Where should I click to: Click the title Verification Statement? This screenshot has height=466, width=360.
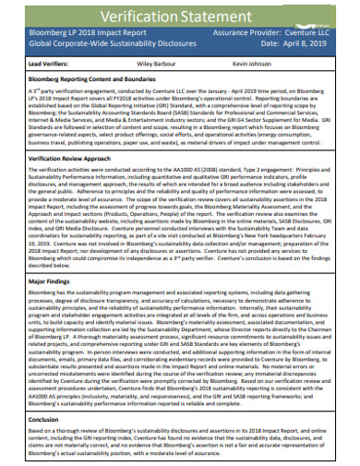pyautogui.click(x=181, y=13)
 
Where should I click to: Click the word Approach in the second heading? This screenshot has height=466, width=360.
pyautogui.click(x=97, y=158)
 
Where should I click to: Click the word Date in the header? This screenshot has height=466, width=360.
pyautogui.click(x=270, y=42)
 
